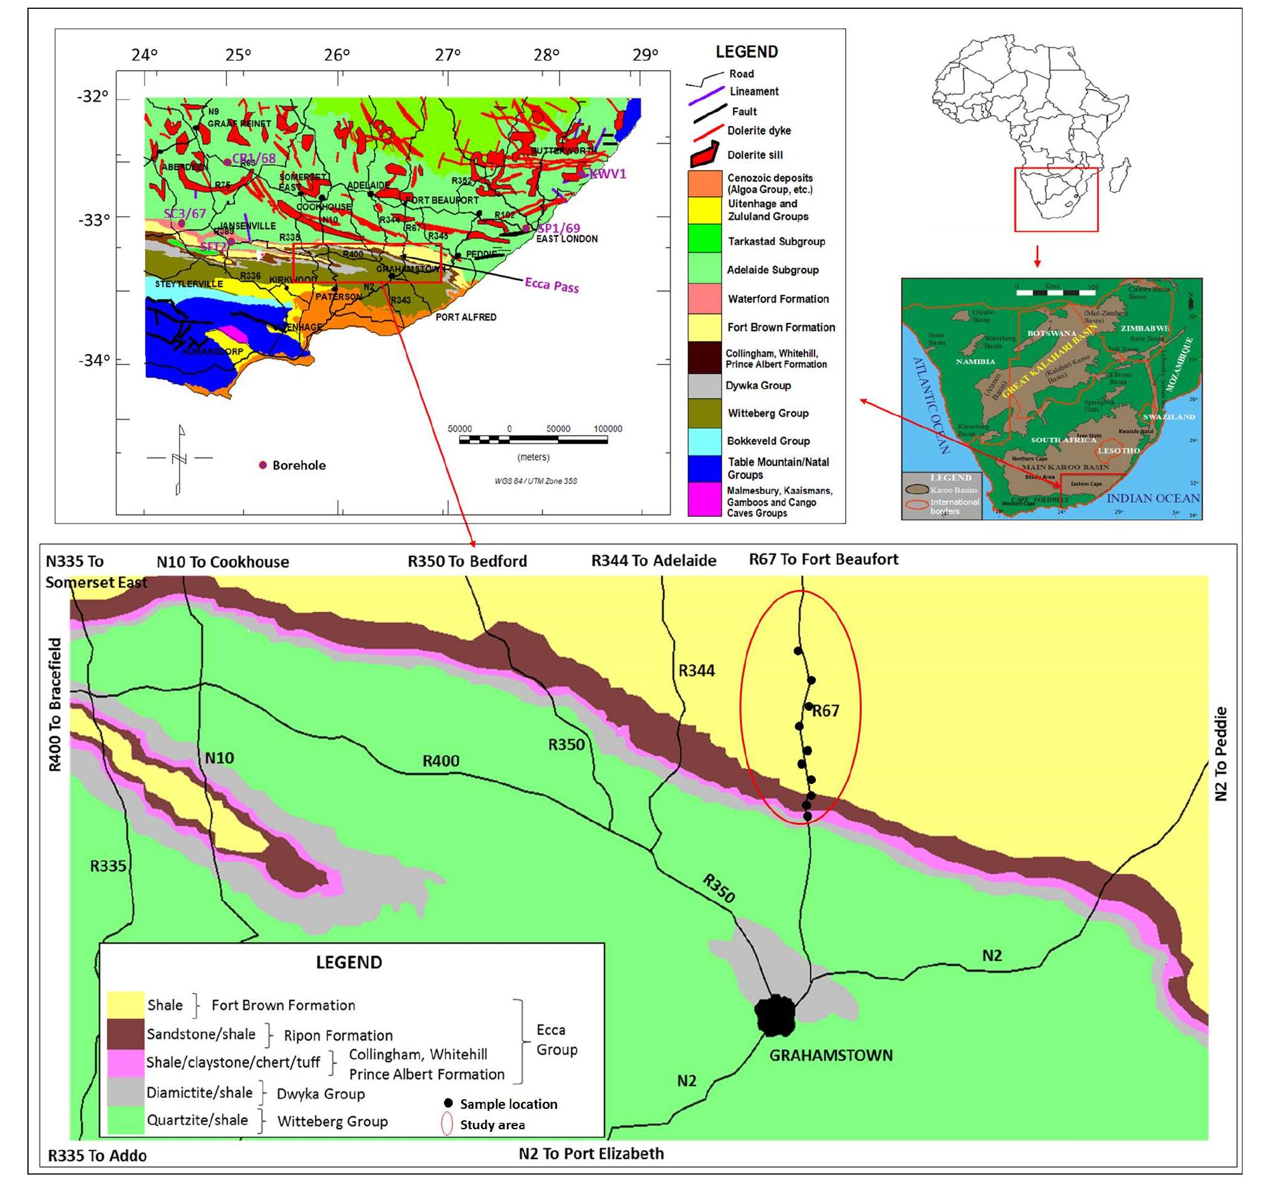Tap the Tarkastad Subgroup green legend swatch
(x=704, y=240)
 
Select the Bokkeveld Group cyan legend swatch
(x=704, y=441)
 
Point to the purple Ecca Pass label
(x=552, y=285)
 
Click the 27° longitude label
(x=448, y=55)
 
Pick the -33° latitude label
(x=94, y=220)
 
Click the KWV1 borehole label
(x=608, y=174)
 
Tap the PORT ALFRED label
(x=466, y=317)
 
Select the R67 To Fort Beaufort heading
(x=823, y=559)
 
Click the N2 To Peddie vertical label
(x=1220, y=753)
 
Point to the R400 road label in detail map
(x=441, y=760)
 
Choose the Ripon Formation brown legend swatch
(x=125, y=1034)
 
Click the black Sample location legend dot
(x=448, y=1102)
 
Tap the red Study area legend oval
(x=447, y=1124)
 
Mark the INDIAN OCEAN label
(x=1153, y=498)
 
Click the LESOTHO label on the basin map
(x=1118, y=450)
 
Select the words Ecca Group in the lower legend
(x=557, y=1039)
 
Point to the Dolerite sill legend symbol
(x=704, y=155)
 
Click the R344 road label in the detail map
(x=696, y=670)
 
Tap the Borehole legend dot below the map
(x=262, y=465)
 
